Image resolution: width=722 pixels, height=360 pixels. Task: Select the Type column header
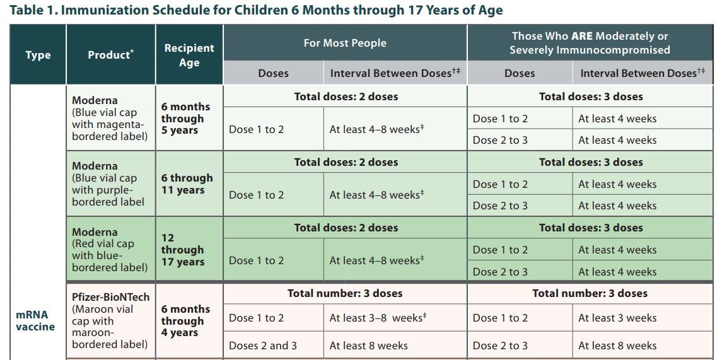pyautogui.click(x=38, y=55)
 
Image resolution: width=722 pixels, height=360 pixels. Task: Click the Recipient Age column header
pyautogui.click(x=189, y=55)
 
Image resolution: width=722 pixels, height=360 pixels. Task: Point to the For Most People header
pyautogui.click(x=345, y=44)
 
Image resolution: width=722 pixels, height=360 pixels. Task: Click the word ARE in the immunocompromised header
pyautogui.click(x=582, y=36)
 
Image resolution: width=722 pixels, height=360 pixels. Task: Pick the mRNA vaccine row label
pyautogui.click(x=35, y=321)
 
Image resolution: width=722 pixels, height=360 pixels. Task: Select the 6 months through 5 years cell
pyautogui.click(x=185, y=119)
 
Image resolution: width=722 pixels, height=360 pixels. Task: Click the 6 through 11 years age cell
pyautogui.click(x=187, y=184)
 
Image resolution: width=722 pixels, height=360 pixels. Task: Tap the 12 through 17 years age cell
pyautogui.click(x=182, y=250)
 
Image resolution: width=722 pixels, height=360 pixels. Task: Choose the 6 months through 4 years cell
pyautogui.click(x=185, y=321)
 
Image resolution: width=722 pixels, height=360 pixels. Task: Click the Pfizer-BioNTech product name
pyautogui.click(x=111, y=297)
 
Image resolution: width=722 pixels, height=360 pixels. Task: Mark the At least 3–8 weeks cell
pyautogui.click(x=378, y=318)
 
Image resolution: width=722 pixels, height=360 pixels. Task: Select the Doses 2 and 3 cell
pyautogui.click(x=263, y=345)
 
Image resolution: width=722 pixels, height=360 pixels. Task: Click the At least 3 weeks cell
pyautogui.click(x=617, y=318)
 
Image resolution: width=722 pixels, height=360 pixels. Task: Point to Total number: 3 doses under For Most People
pyautogui.click(x=345, y=293)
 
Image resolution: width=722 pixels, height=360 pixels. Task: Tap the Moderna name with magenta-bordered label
pyautogui.click(x=95, y=100)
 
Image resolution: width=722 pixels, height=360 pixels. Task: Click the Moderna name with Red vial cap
pyautogui.click(x=95, y=231)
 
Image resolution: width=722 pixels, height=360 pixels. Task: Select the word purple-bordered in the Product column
pyautogui.click(x=108, y=196)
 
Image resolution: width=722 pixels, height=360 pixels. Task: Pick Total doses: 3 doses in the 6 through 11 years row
pyautogui.click(x=591, y=162)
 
